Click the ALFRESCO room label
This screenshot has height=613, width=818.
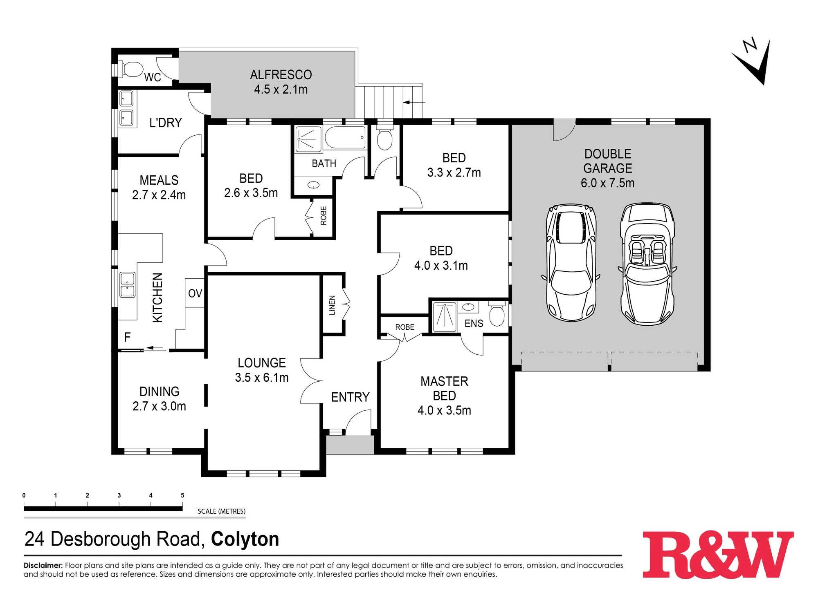tap(281, 75)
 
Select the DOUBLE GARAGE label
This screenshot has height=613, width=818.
tap(608, 161)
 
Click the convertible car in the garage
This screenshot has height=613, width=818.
tap(647, 264)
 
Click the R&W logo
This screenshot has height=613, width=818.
tap(718, 554)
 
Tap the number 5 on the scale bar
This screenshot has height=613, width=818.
tap(182, 495)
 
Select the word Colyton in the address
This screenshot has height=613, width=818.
tap(245, 539)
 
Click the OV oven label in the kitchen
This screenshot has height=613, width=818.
tap(195, 293)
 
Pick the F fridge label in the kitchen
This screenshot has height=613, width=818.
tap(127, 337)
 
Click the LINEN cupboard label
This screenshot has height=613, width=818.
tap(332, 305)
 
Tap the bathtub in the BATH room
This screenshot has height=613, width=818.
tap(345, 138)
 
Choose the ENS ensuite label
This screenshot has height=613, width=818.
tap(474, 324)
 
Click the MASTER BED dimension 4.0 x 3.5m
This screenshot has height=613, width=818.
tap(444, 410)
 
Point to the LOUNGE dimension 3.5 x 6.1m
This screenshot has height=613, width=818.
tap(262, 378)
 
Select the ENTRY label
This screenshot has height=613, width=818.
tap(350, 397)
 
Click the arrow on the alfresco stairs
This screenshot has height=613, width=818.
tap(414, 102)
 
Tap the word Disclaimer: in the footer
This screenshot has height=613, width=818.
tap(43, 566)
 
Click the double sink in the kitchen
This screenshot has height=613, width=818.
tap(127, 285)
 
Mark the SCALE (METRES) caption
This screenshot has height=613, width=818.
tap(222, 511)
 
